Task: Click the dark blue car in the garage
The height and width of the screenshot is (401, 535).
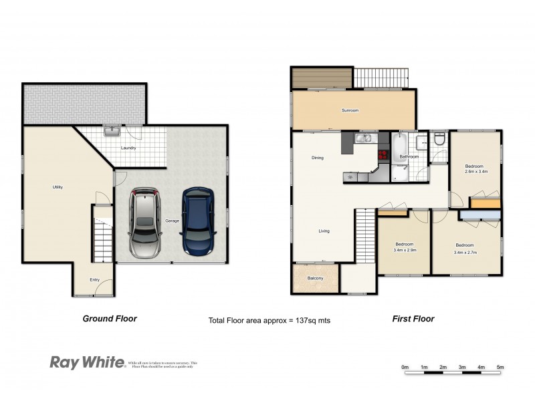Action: (x=197, y=223)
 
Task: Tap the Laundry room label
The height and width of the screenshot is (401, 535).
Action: (x=128, y=148)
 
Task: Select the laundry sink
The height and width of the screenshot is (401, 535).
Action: (x=111, y=131)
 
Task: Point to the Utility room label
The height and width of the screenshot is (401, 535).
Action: (x=58, y=187)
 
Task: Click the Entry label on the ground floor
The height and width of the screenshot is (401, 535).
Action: (x=94, y=280)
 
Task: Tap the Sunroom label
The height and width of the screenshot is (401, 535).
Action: (x=350, y=110)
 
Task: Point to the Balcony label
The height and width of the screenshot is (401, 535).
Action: (x=315, y=278)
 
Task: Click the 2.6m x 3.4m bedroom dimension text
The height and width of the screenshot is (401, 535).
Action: (x=475, y=172)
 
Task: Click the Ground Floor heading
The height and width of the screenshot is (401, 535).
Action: (x=110, y=319)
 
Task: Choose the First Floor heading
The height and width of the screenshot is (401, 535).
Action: (x=413, y=319)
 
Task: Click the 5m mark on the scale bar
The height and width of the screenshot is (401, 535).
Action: (x=500, y=367)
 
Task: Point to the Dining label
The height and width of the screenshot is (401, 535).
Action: (x=318, y=158)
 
